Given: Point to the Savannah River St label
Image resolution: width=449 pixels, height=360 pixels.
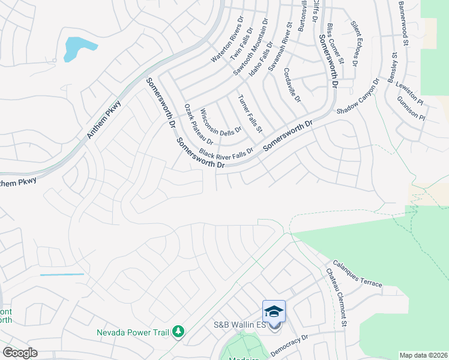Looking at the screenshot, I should tap(280, 47).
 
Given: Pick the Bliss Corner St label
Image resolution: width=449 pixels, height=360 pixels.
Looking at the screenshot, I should tap(335, 44).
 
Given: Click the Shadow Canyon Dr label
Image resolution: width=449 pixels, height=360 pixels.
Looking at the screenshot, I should tap(358, 97).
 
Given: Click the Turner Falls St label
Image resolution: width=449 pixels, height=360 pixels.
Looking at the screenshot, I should tap(250, 113).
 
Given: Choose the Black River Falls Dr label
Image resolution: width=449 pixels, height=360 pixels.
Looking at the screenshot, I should tap(226, 152).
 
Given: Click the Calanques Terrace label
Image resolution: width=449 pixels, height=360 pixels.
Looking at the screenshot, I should tap(356, 274).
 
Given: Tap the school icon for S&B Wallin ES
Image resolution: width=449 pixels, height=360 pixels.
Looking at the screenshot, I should tap(274, 311).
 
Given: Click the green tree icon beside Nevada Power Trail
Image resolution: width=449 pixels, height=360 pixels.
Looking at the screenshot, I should tap(178, 331).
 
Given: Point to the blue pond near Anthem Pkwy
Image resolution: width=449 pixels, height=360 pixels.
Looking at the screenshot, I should tap(76, 48).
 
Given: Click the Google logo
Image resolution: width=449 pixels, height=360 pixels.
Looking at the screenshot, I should tap(20, 353).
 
